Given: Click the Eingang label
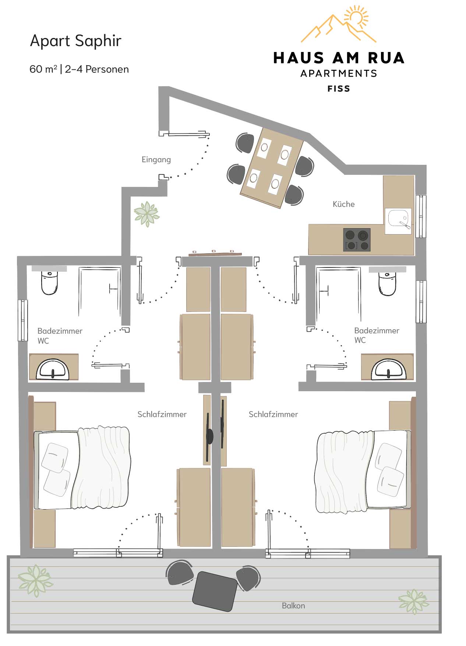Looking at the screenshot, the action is click(x=156, y=160).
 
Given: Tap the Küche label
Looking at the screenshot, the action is click(x=343, y=204).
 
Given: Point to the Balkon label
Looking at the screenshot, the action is click(x=293, y=605).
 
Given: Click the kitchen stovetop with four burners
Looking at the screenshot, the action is click(x=357, y=240).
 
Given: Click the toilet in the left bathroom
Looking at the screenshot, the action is click(x=49, y=282).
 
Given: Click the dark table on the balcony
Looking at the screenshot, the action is click(x=215, y=591).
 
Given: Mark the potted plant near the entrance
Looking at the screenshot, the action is click(x=146, y=214).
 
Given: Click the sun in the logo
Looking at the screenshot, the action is click(x=356, y=17).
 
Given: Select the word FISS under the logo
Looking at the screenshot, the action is click(x=339, y=89).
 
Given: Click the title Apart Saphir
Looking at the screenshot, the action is click(x=76, y=41).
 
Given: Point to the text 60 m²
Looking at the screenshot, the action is click(x=43, y=69).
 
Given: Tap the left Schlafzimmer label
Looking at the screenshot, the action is click(x=162, y=414).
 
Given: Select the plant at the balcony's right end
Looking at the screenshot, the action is click(x=414, y=601).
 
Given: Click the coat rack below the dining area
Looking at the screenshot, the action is click(x=215, y=253).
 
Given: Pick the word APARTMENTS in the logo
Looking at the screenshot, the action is click(x=339, y=73).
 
